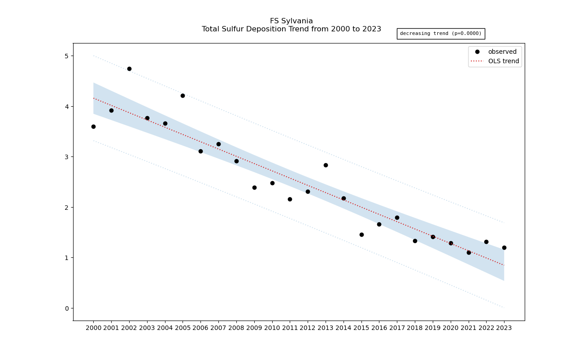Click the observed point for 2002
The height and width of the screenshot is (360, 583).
point(129,69)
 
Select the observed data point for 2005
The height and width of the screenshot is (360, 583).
point(183,95)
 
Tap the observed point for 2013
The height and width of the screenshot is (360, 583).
point(326,165)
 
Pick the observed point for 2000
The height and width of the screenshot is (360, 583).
point(93,126)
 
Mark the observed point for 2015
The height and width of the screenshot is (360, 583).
point(361,234)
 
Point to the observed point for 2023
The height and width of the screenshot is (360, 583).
point(504,247)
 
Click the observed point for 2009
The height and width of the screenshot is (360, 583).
point(254,187)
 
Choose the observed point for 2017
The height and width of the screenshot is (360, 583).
point(397,217)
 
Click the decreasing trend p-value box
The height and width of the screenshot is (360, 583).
point(440,34)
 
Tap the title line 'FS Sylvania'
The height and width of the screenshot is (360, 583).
point(291,21)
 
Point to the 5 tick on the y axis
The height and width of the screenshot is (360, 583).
point(66,56)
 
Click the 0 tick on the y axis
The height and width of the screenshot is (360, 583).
point(66,308)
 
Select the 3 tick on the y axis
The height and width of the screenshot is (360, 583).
point(66,157)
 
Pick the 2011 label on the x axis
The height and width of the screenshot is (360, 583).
point(290,328)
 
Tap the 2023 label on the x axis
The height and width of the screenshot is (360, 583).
point(504,328)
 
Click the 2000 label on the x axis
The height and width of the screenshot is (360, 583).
point(93,328)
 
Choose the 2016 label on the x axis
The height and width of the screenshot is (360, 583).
point(379,328)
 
